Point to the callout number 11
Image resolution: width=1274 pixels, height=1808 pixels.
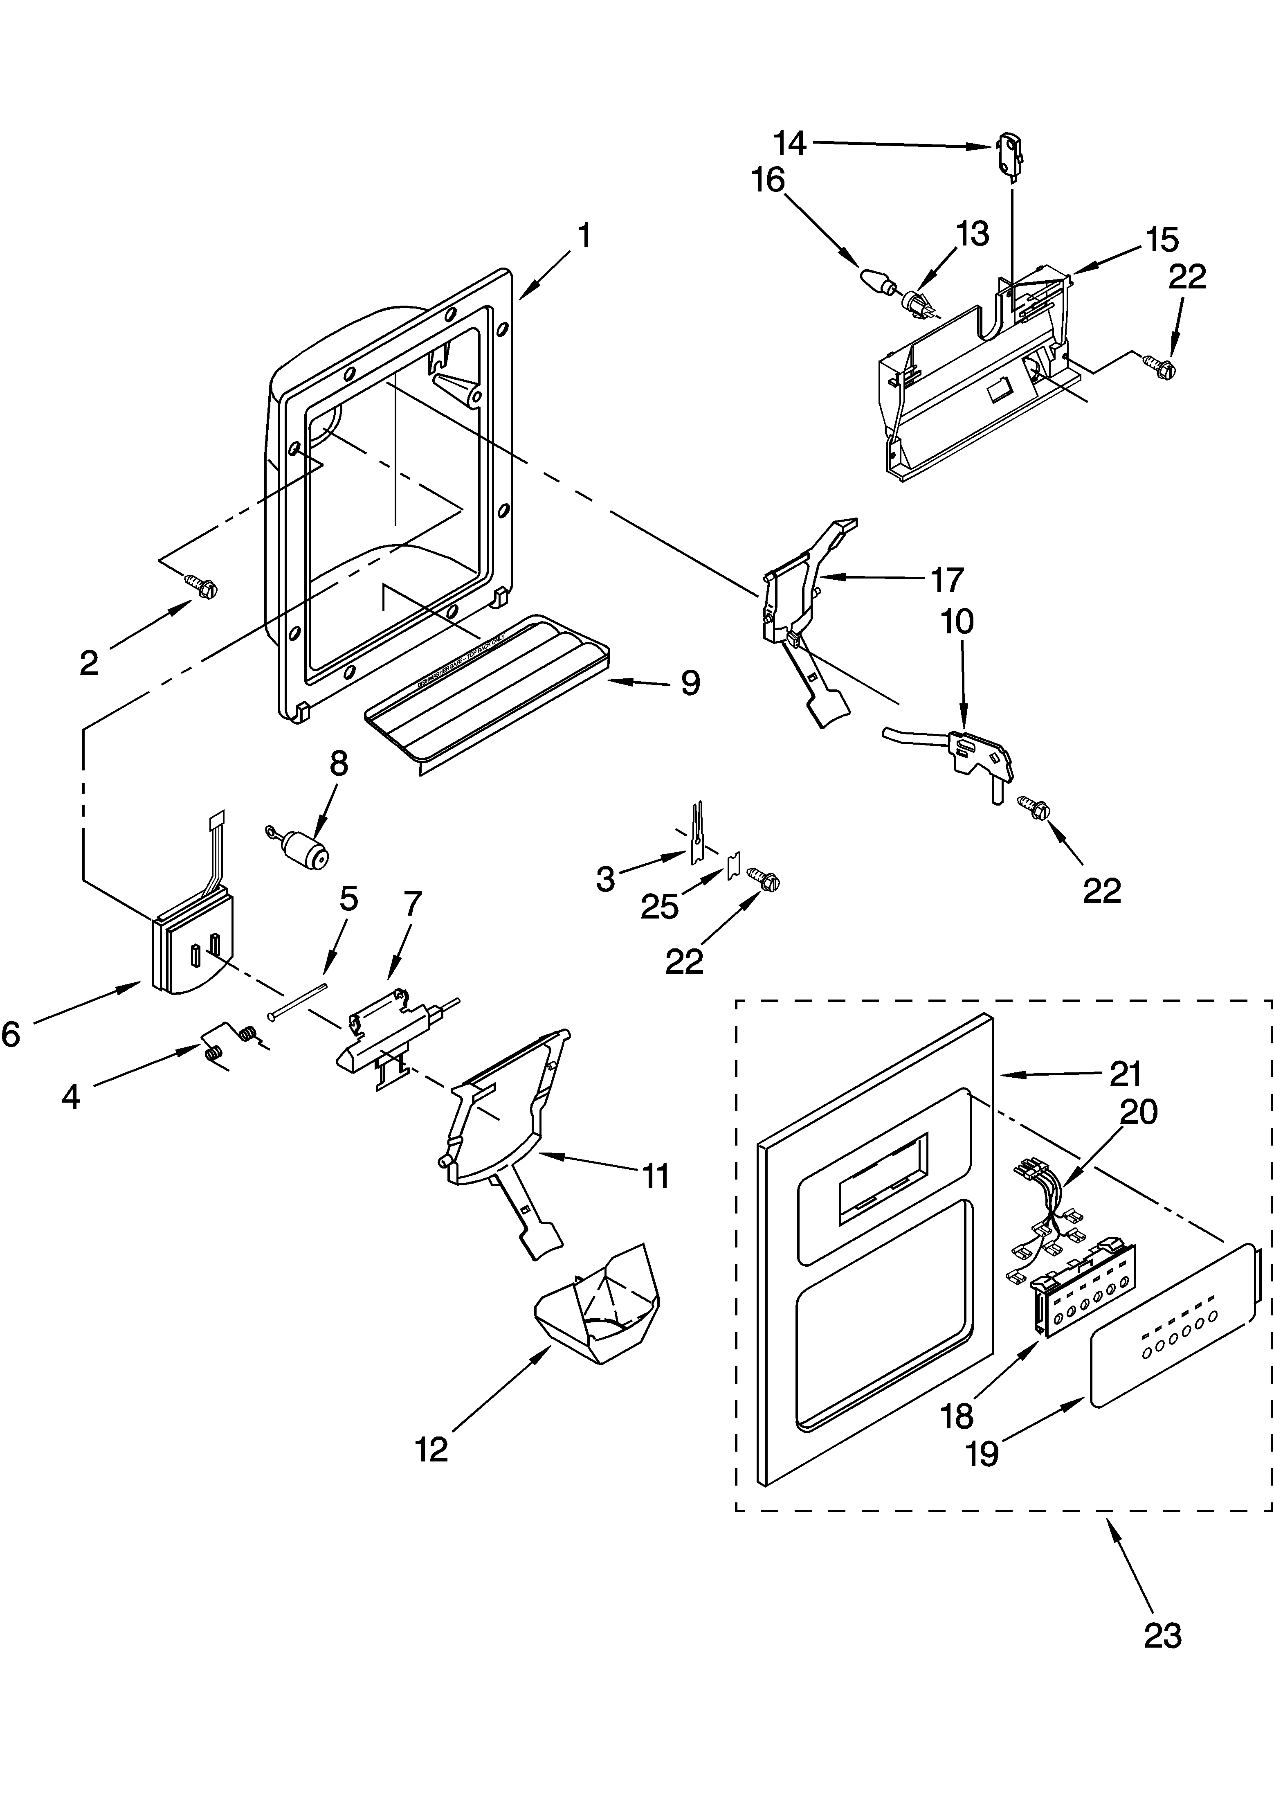pyautogui.click(x=654, y=1176)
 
